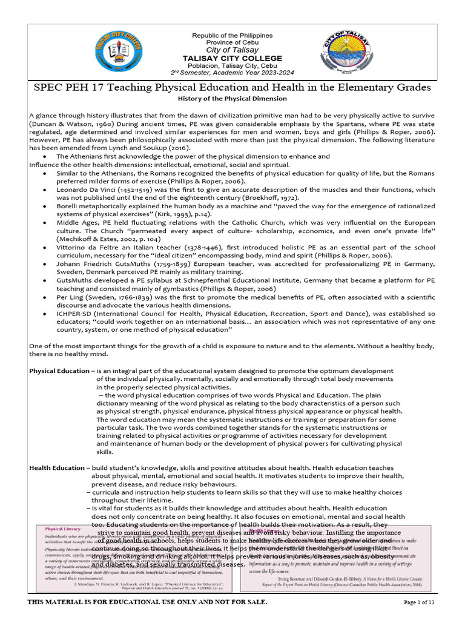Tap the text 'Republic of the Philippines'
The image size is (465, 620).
point(232,36)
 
